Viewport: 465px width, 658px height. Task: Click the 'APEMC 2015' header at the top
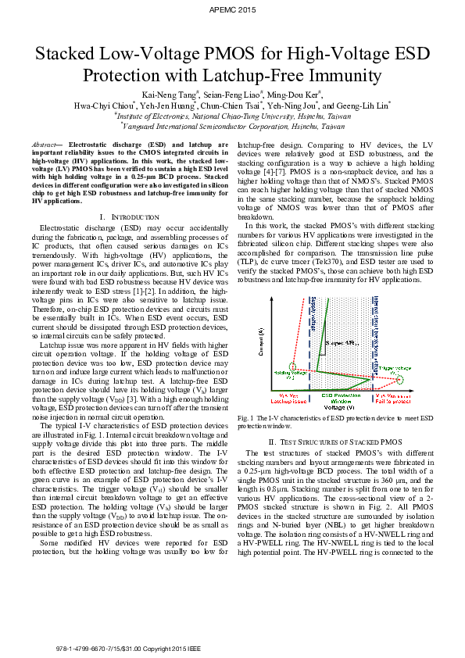coord(233,9)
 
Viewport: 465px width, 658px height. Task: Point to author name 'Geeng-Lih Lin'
coord(367,106)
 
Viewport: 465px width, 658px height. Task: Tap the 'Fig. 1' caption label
coord(248,419)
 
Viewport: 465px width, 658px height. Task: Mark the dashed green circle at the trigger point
coord(400,380)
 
